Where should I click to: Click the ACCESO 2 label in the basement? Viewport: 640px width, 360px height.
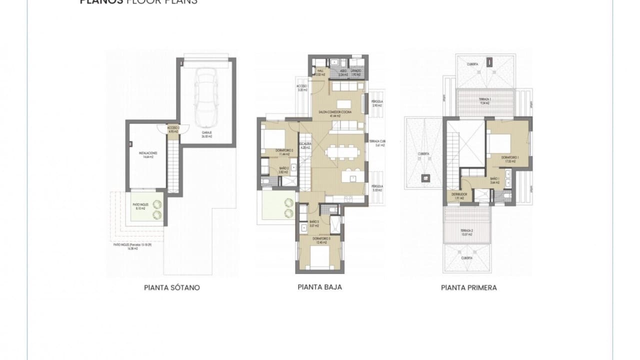(x=173, y=129)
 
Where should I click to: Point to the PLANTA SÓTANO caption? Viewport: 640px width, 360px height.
(x=171, y=287)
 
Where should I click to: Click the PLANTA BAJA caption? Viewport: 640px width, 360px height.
(x=319, y=287)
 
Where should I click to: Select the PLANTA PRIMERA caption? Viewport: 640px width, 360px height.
(x=468, y=287)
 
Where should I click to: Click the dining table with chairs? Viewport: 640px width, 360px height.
(x=341, y=151)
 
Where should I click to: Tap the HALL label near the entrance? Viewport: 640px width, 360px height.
(x=321, y=72)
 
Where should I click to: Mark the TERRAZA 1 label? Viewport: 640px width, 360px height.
(x=484, y=100)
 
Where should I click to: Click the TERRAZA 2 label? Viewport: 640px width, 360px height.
(x=466, y=232)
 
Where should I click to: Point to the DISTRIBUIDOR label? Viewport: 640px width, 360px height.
(x=459, y=195)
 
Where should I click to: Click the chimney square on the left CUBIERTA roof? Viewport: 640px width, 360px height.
(x=426, y=176)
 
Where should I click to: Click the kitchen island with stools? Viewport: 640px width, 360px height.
(x=350, y=177)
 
